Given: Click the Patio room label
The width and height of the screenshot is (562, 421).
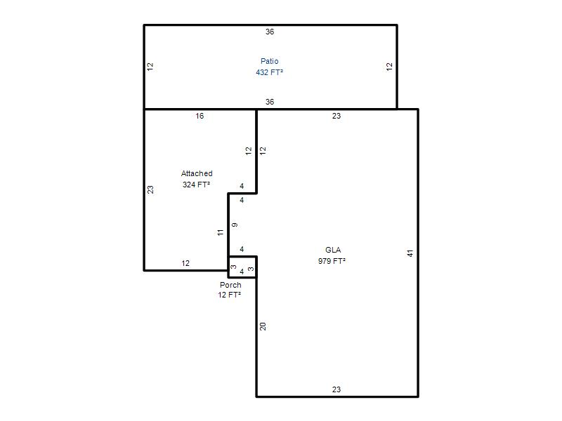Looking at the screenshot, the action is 270,61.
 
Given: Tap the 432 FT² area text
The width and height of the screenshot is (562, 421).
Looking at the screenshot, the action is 270,72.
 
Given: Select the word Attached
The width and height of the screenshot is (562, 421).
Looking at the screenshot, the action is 197,173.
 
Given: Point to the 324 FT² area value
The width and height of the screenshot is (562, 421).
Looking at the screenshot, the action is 196,185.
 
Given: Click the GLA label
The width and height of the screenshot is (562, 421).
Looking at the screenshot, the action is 333,250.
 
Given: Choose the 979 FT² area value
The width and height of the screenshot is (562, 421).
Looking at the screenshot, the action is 332,261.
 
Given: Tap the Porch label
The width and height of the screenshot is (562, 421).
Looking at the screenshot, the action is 230,285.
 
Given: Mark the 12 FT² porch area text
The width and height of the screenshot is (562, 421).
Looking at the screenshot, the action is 230,295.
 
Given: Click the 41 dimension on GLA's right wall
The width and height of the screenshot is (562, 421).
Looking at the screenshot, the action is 410,253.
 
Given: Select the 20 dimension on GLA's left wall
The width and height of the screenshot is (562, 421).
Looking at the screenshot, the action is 263,326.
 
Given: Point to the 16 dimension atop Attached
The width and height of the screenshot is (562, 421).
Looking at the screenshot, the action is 200,116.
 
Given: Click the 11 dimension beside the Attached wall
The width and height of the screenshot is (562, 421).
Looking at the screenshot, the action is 221,232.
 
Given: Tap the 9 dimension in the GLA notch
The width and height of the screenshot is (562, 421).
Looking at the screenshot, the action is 235,225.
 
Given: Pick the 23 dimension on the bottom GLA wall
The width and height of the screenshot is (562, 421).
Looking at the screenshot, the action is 336,389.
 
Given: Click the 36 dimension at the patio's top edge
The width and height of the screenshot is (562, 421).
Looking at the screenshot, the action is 270,32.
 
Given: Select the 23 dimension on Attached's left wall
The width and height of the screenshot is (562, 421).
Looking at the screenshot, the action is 150,189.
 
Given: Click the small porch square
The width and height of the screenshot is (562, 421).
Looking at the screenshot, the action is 242,267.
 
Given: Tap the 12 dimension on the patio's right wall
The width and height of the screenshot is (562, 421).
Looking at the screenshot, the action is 390,67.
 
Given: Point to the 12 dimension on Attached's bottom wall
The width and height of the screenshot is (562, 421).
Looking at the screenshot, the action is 185,264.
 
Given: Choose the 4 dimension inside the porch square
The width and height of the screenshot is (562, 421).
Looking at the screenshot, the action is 242,272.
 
